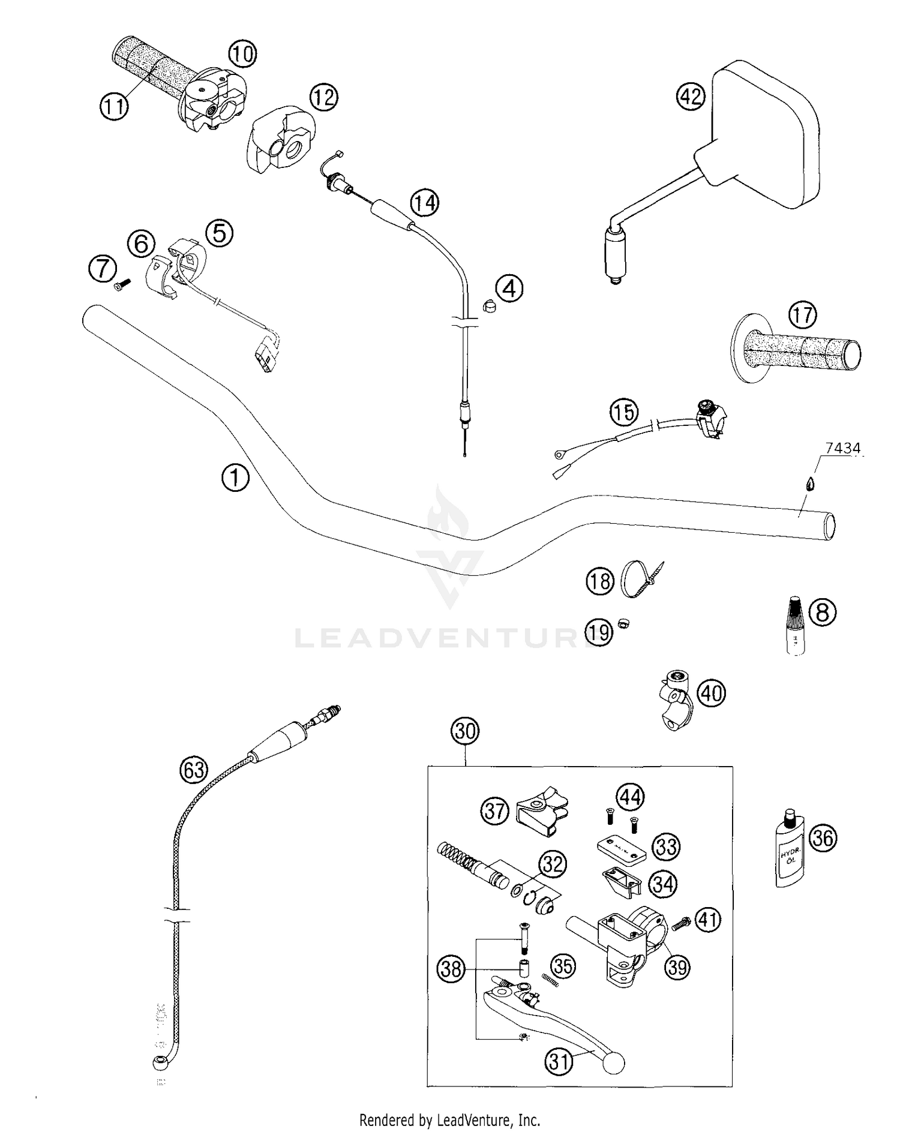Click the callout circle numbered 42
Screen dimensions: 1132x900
pos(691,96)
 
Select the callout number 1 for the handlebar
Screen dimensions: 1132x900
pos(235,478)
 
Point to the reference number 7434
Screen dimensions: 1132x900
pos(842,448)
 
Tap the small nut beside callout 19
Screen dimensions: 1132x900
pos(623,624)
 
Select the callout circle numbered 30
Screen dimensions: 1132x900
pos(465,731)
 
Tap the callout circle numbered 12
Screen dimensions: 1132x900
pos(324,97)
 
